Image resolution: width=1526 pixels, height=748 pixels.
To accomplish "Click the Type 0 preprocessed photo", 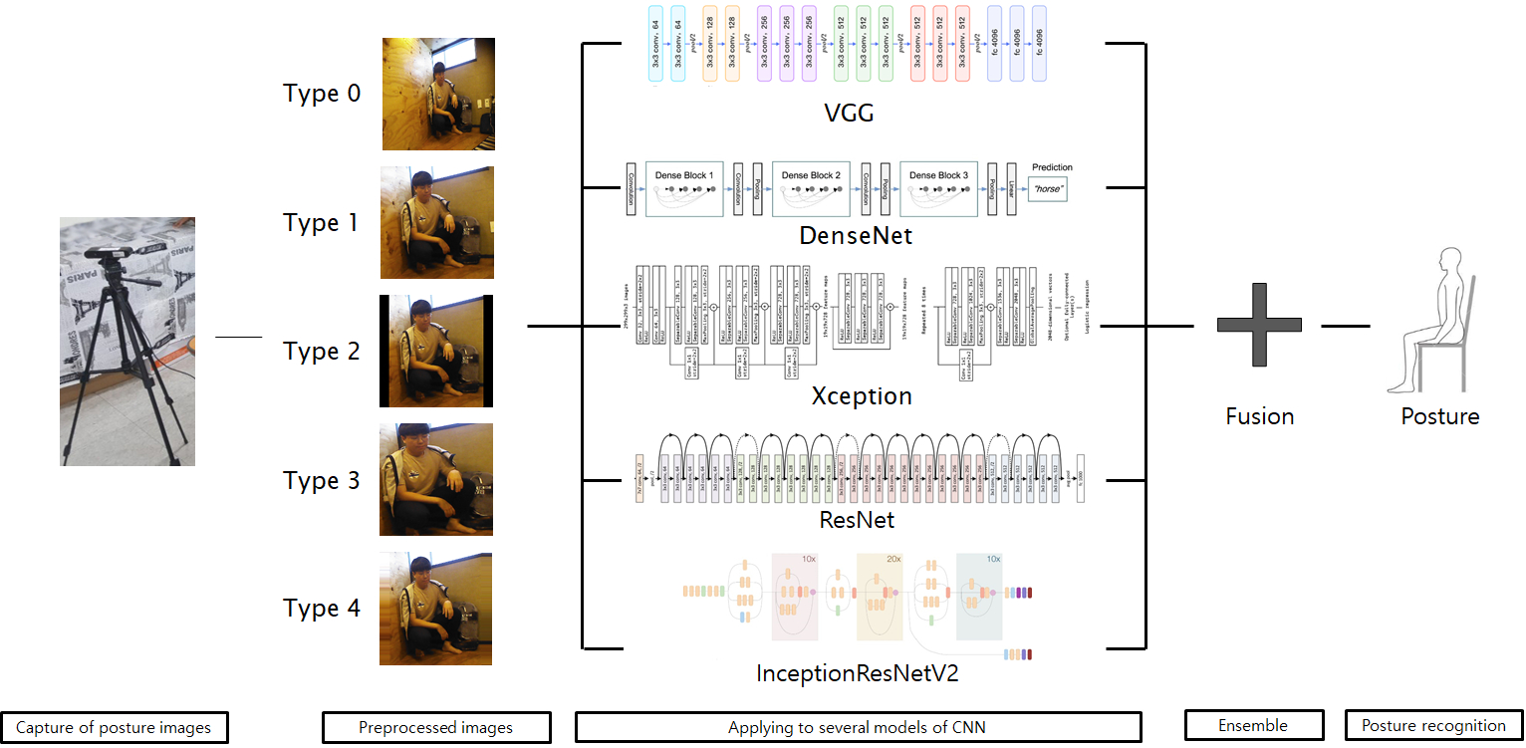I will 438,94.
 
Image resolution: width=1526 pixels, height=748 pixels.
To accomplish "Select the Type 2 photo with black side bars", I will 436,351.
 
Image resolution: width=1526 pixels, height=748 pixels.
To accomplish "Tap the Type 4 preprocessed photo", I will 436,609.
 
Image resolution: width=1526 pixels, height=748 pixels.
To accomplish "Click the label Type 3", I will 322,481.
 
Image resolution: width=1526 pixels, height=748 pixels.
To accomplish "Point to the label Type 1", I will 322,223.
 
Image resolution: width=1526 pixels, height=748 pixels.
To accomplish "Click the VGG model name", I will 849,114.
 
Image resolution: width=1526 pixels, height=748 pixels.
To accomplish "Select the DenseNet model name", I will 856,237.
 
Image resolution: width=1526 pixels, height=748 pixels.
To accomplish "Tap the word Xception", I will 861,396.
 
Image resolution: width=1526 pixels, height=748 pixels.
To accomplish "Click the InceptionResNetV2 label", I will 857,673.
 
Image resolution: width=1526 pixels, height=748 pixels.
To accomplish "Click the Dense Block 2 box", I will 810,187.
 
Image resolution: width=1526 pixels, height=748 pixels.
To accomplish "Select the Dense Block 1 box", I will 683,187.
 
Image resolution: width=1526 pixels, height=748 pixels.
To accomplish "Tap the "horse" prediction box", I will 1047,189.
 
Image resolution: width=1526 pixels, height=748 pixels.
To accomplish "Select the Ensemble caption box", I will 1253,726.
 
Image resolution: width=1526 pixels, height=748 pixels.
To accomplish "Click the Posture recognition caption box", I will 1433,726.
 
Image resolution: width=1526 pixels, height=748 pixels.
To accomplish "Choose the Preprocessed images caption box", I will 435,728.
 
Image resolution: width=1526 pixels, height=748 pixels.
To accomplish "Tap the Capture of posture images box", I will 114,728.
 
